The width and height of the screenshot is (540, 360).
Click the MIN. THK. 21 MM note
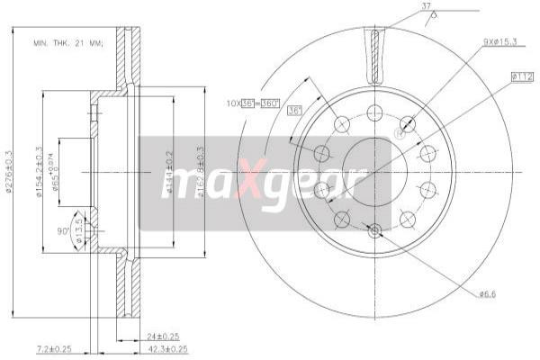[x=68, y=42]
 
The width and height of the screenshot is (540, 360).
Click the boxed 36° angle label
[x=293, y=111]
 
